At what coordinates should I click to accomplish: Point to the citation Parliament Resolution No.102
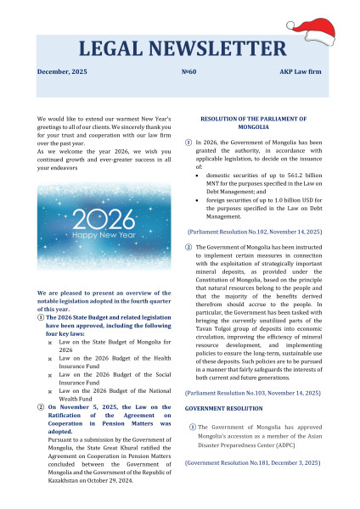[x=252, y=231]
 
